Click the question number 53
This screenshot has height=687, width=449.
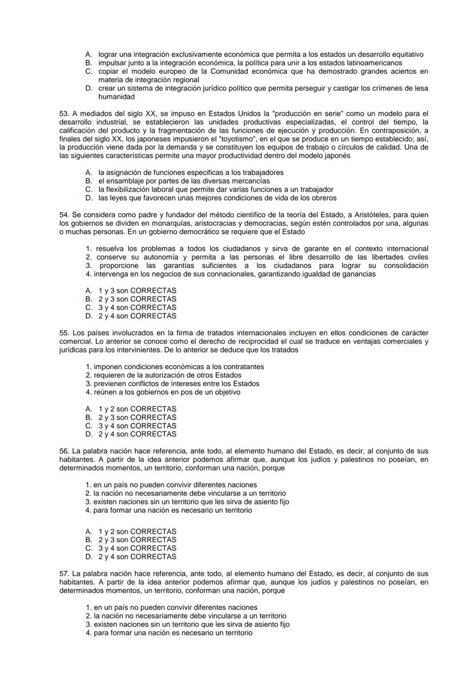tap(64, 113)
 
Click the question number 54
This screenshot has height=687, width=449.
tap(64, 215)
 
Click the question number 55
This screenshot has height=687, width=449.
tap(64, 333)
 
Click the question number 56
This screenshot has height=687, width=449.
tap(64, 451)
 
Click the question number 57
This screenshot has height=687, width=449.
tap(64, 574)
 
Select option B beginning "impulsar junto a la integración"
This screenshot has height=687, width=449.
tap(250, 63)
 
